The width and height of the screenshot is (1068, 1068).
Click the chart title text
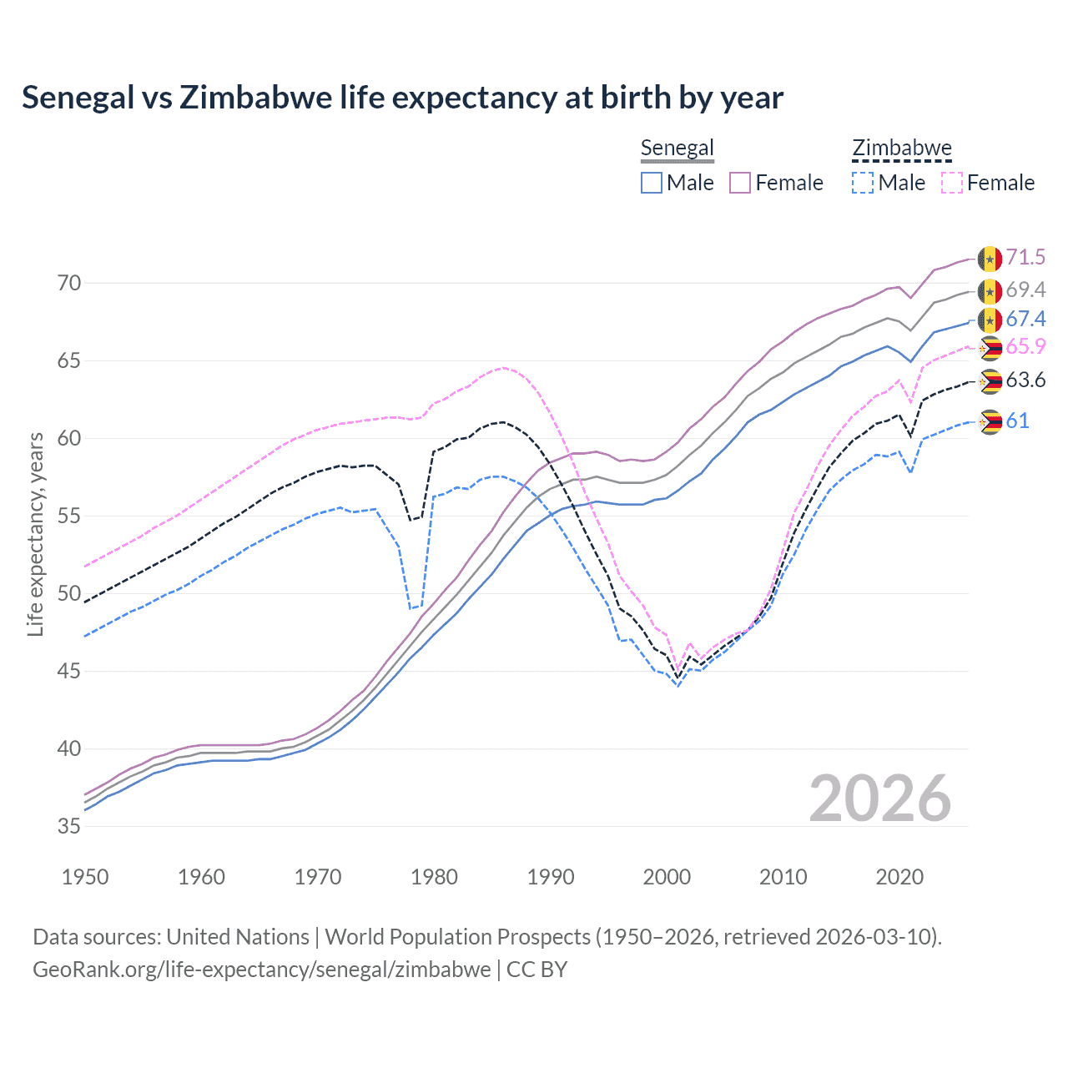pyautogui.click(x=402, y=98)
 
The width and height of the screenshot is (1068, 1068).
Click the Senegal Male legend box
pyautogui.click(x=652, y=183)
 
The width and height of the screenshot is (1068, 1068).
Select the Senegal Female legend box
pyautogui.click(x=740, y=183)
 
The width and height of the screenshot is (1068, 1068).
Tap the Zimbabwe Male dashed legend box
pyautogui.click(x=863, y=183)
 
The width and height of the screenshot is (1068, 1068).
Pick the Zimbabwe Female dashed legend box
pyautogui.click(x=952, y=183)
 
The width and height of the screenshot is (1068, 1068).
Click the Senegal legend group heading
pyautogui.click(x=677, y=149)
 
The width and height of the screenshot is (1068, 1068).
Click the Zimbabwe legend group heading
pyautogui.click(x=902, y=149)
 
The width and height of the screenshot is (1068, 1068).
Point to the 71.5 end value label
pyautogui.click(x=1025, y=257)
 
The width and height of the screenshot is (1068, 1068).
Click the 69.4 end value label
pyautogui.click(x=1025, y=290)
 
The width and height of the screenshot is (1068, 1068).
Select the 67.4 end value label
pyautogui.click(x=1025, y=319)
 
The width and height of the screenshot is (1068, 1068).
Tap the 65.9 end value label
pyautogui.click(x=1025, y=346)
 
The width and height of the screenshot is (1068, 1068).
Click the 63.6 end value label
pyautogui.click(x=1025, y=380)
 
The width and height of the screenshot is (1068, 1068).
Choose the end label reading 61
pyautogui.click(x=1017, y=421)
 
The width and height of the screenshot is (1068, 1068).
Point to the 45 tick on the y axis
pyautogui.click(x=69, y=671)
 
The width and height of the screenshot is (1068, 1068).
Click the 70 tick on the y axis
pyautogui.click(x=69, y=284)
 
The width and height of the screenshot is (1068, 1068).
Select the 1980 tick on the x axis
pyautogui.click(x=434, y=877)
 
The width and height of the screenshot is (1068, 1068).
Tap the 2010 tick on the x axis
pyautogui.click(x=783, y=877)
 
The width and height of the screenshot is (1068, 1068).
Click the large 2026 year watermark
pyautogui.click(x=880, y=798)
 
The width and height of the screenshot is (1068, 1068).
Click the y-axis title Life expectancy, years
pyautogui.click(x=35, y=534)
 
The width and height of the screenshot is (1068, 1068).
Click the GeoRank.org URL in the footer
pyautogui.click(x=261, y=970)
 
